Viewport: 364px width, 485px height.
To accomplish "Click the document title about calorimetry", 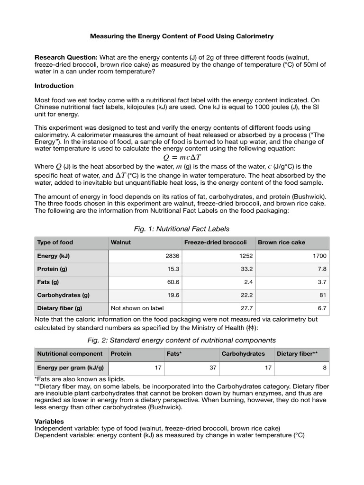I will tap(182, 36).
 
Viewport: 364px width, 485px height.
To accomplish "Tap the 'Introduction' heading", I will tap(54, 86).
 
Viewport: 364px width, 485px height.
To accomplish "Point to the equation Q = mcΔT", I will tap(182, 157).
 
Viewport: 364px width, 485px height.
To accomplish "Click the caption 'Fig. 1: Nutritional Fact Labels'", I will tap(182, 229).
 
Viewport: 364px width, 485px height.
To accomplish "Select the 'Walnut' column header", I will tap(121, 242).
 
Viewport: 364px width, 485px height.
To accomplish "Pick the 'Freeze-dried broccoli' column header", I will tap(215, 242).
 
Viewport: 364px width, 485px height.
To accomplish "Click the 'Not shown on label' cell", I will tap(137, 308).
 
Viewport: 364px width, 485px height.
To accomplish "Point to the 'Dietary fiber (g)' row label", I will tap(60, 308).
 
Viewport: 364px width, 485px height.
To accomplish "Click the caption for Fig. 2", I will tap(182, 340).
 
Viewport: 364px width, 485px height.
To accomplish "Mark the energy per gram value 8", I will tap(325, 367).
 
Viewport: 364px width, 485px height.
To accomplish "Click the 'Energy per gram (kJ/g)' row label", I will tap(71, 367).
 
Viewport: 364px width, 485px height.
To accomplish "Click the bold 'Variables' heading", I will tap(49, 421).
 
